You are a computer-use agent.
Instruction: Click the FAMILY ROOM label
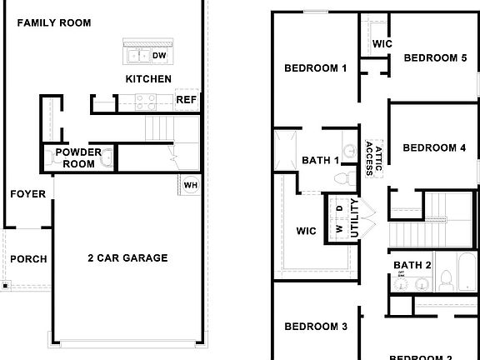point(53,22)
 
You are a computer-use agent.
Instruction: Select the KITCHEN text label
point(148,79)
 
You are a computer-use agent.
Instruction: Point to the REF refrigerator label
point(186,101)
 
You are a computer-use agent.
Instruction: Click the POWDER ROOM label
point(78,157)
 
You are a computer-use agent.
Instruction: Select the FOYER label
point(27,194)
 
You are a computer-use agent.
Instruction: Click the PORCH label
point(28,259)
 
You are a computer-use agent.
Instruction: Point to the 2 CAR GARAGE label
point(127,258)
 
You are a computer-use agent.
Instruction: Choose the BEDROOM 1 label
point(315,68)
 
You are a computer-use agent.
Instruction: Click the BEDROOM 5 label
point(434,57)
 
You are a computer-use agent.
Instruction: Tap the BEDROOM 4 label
point(433,148)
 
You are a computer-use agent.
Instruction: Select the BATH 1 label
point(321,160)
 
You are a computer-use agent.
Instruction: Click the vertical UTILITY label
point(354,218)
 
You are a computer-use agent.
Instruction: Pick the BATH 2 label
point(412,265)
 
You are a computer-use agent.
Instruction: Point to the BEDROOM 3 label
point(315,327)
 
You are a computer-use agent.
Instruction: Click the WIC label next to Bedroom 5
point(382,43)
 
